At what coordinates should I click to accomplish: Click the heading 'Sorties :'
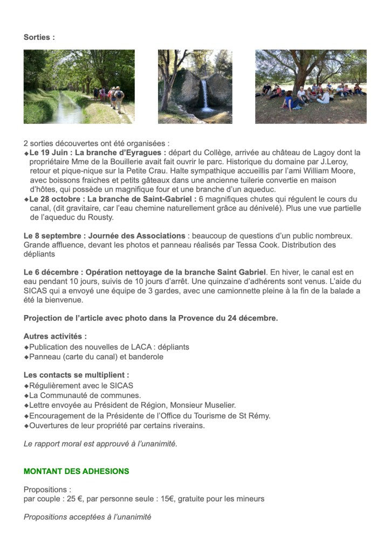(x=39, y=37)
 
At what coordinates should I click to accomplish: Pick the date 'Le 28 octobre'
(x=54, y=199)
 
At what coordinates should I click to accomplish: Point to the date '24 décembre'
(x=251, y=318)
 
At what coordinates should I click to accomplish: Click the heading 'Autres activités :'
(x=55, y=336)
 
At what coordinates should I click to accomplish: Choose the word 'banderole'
(x=146, y=356)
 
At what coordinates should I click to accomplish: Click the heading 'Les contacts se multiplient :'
(x=76, y=374)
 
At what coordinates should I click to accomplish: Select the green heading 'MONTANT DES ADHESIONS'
(x=77, y=471)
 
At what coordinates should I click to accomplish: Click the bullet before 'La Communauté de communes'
(x=26, y=395)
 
